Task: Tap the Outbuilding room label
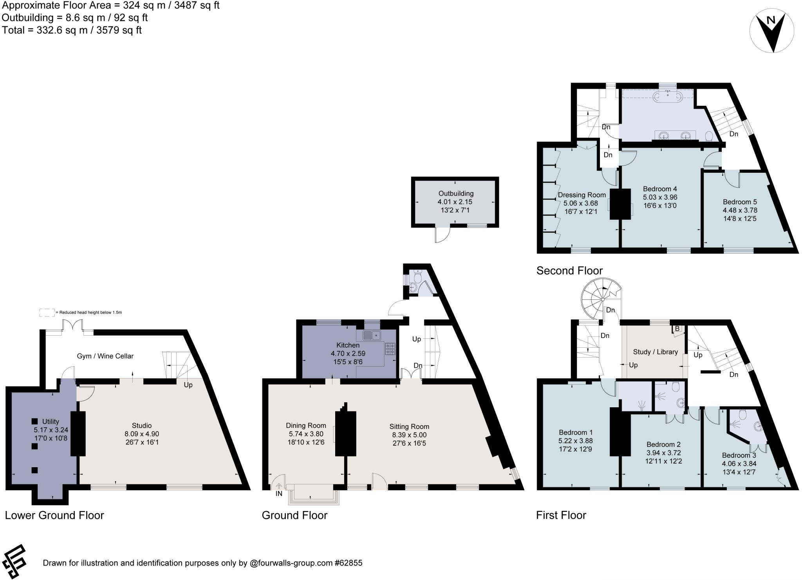(455, 193)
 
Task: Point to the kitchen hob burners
(390, 349)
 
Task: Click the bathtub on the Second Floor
(667, 95)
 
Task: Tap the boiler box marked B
(677, 329)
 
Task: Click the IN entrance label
(278, 494)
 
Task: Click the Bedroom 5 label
(739, 202)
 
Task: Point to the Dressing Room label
(582, 195)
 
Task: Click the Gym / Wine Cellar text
(105, 356)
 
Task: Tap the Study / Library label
(655, 352)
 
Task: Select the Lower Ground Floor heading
(54, 515)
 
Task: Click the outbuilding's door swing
(442, 235)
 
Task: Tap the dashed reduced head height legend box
(47, 313)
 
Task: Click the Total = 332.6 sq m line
(72, 30)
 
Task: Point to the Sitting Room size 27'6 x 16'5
(409, 443)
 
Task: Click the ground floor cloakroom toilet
(417, 277)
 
